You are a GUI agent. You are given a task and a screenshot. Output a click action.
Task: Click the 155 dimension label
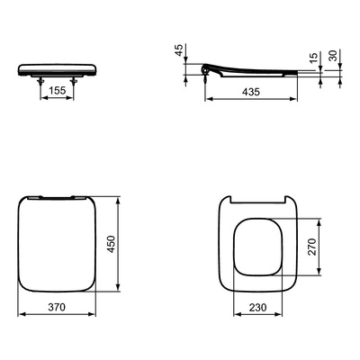click(x=58, y=90)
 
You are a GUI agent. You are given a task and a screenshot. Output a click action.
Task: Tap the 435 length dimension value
click(x=251, y=92)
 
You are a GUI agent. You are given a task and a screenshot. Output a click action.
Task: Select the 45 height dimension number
click(x=179, y=50)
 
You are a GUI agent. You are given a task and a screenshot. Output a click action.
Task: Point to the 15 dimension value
click(x=313, y=58)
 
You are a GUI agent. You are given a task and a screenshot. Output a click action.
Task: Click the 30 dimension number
click(x=333, y=56)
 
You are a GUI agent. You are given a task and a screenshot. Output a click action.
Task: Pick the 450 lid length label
click(x=112, y=244)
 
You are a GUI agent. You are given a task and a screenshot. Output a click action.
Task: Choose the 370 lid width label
click(x=57, y=307)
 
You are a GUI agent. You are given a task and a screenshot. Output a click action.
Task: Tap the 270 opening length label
click(x=312, y=247)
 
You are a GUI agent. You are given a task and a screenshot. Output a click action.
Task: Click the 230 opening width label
click(x=257, y=307)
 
